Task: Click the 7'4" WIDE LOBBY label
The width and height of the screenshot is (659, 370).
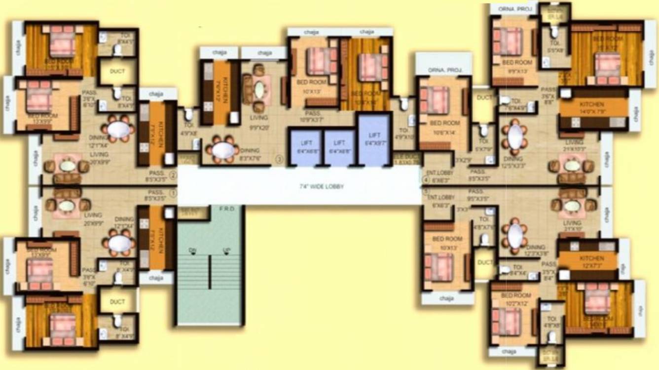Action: (321, 187)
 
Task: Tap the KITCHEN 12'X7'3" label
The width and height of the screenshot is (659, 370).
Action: (591, 262)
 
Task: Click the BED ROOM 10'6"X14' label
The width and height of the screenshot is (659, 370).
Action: (444, 126)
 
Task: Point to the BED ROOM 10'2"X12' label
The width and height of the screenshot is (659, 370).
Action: (516, 299)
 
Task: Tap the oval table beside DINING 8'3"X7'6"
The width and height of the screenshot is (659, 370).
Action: (222, 149)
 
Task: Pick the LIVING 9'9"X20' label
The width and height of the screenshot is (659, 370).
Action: (258, 122)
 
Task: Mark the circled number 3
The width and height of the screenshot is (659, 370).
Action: (279, 159)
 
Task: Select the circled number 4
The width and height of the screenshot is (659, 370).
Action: (426, 180)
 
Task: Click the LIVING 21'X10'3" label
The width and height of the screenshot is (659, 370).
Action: (574, 145)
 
